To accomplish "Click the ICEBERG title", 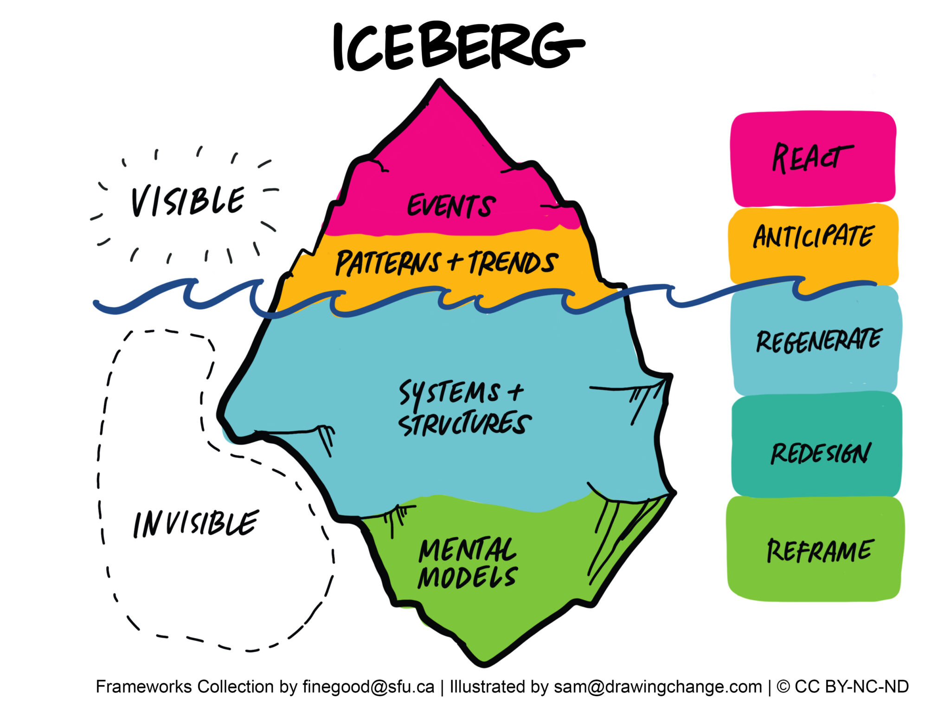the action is (x=457, y=46).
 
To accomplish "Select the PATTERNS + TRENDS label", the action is (x=446, y=262).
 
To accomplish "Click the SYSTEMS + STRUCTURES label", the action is (x=464, y=408).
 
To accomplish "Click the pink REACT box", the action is (x=813, y=159).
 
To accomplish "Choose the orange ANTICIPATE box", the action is (x=813, y=236).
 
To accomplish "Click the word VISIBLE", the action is (x=187, y=202).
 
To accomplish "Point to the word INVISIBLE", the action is (x=195, y=524).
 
